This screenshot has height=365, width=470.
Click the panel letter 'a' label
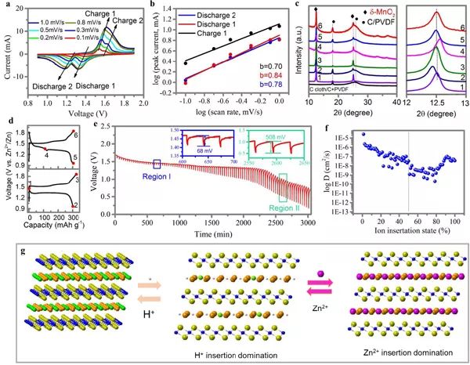6,6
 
